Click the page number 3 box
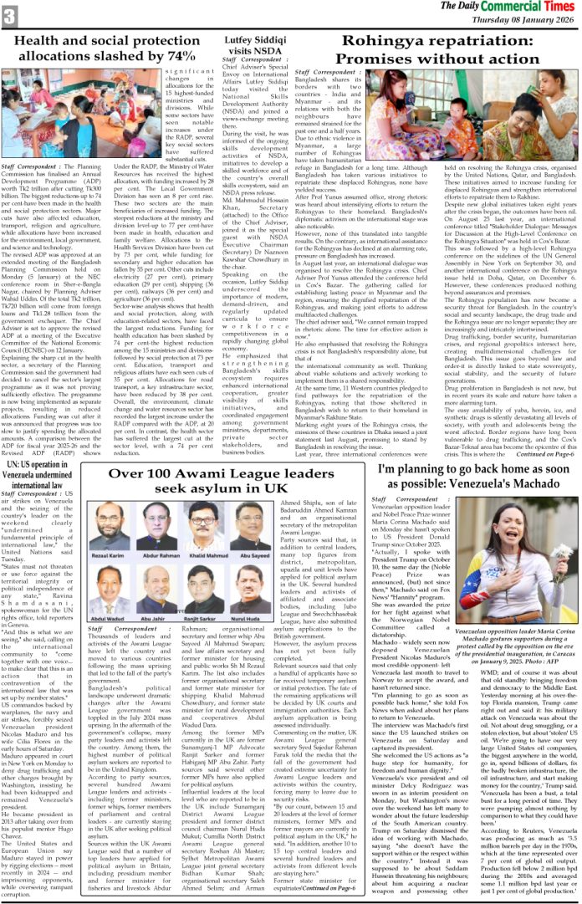point(10,14)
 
